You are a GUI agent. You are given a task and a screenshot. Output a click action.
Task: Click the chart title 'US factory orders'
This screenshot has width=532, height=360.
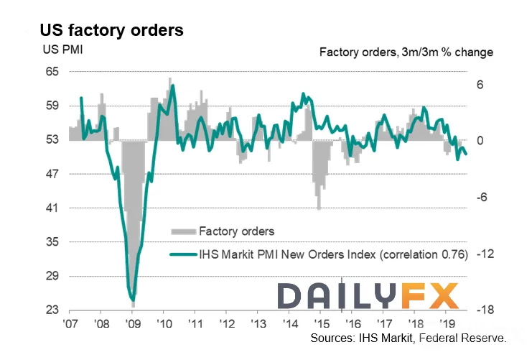111,30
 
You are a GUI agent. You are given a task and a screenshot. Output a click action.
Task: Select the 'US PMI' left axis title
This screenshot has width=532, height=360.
62,50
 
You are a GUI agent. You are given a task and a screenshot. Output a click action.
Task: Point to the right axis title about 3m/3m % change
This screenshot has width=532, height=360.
406,52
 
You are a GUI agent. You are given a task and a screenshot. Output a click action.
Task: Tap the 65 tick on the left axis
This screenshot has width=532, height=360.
52,72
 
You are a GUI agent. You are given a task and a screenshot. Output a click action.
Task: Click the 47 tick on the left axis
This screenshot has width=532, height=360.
52,174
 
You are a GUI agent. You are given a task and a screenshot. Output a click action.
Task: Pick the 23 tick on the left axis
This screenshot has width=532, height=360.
52,310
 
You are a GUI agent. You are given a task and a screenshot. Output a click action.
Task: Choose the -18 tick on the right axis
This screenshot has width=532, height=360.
485,310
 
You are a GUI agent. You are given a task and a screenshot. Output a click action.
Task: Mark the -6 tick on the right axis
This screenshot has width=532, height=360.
482,197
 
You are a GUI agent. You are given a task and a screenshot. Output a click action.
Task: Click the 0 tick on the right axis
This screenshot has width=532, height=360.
480,140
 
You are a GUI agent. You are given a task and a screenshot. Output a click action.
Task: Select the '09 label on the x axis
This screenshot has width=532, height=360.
133,323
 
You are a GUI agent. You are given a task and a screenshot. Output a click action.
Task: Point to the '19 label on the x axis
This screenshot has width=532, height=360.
447,323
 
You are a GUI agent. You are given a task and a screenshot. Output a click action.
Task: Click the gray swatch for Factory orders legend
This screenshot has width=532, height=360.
184,232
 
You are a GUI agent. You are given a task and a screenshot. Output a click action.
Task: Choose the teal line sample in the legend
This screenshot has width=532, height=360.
184,254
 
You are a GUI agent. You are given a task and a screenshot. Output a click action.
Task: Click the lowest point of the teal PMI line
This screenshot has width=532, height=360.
133,300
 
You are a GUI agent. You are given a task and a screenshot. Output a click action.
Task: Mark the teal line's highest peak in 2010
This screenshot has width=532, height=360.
173,86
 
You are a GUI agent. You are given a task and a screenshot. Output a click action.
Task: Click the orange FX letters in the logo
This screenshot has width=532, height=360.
430,296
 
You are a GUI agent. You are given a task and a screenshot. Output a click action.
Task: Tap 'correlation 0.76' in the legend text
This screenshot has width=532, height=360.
424,254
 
